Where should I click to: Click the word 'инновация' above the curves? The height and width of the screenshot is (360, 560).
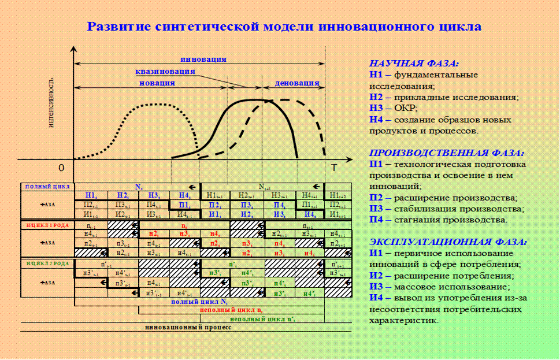point(203,60)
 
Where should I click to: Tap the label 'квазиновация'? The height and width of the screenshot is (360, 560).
point(165,72)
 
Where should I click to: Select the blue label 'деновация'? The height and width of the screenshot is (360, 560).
point(297,83)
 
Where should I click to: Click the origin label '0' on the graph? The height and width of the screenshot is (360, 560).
point(61,168)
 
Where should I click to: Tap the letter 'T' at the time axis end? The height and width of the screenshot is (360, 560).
point(333,168)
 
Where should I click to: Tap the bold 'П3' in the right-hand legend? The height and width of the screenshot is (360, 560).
point(376,209)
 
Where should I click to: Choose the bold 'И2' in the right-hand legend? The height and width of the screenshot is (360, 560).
point(376,276)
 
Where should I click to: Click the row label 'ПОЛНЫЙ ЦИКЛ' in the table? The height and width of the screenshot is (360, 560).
point(47,187)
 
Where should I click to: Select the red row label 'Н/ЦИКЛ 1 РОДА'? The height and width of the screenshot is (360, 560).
point(47,225)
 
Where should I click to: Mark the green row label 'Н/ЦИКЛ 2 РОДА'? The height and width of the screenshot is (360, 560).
point(47,263)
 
